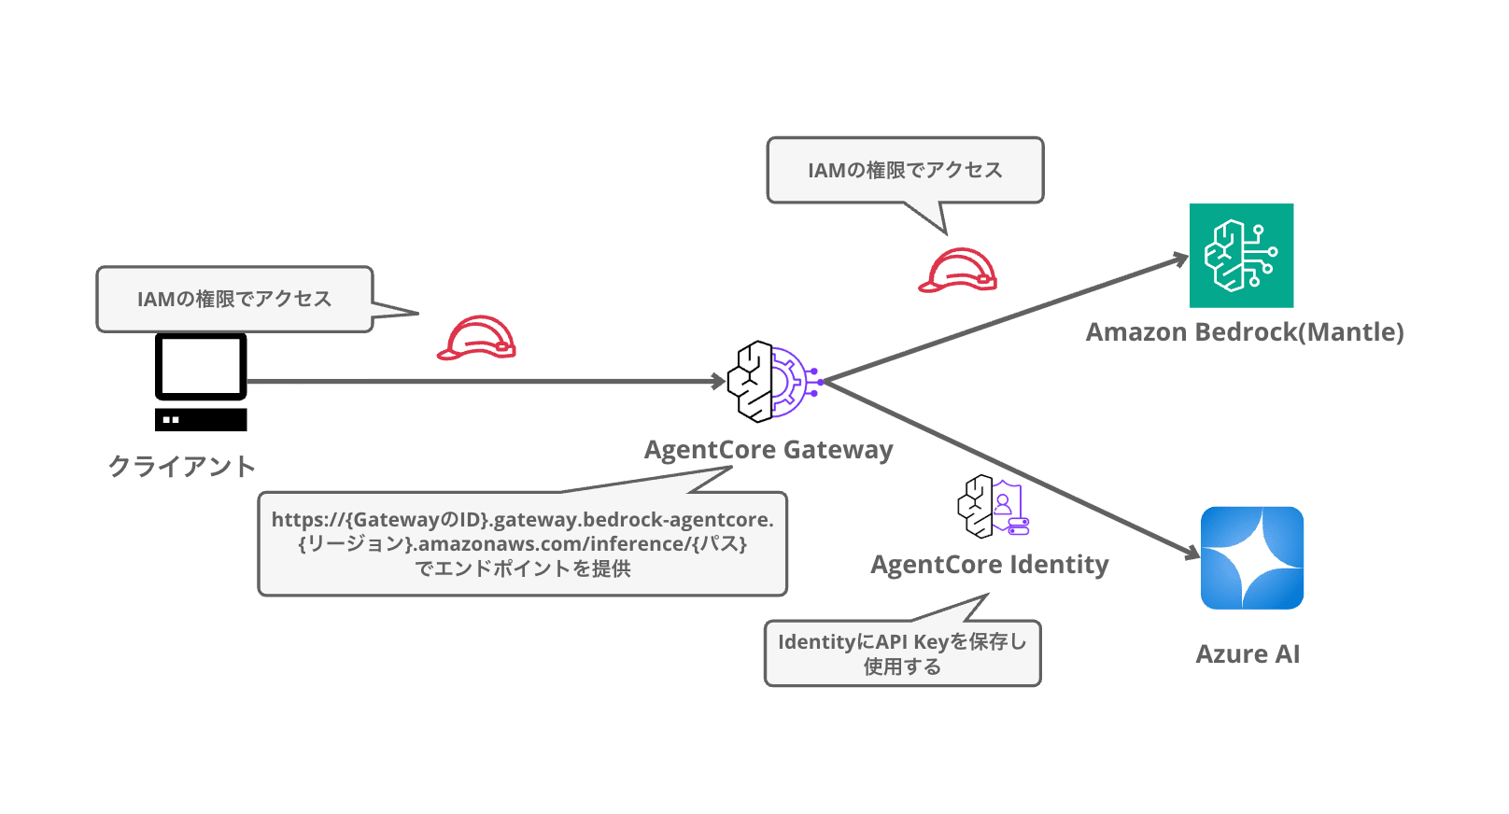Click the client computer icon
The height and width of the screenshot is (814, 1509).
click(x=201, y=382)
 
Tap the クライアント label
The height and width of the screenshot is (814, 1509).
click(x=182, y=466)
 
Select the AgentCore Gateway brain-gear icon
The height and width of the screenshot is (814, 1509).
click(x=775, y=381)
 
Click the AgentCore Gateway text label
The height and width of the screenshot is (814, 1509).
click(x=769, y=449)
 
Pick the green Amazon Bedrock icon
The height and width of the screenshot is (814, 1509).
click(x=1241, y=255)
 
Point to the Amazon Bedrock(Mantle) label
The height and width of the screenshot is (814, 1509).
click(x=1245, y=332)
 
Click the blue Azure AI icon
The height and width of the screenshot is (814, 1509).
click(x=1251, y=557)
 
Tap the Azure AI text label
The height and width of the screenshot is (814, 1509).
click(x=1248, y=653)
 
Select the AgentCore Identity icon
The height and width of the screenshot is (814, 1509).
click(x=993, y=506)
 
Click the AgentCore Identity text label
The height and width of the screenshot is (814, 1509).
click(x=990, y=564)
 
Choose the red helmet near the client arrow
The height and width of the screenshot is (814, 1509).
click(x=476, y=338)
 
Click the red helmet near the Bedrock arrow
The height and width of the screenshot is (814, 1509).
click(x=957, y=271)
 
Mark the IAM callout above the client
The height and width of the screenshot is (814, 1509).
click(x=234, y=299)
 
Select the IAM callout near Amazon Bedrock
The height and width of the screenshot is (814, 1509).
click(x=906, y=170)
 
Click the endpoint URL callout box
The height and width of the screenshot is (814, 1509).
click(x=523, y=543)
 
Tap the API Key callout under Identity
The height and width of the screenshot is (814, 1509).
click(x=903, y=653)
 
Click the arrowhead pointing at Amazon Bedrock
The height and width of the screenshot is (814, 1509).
click(x=1180, y=260)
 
